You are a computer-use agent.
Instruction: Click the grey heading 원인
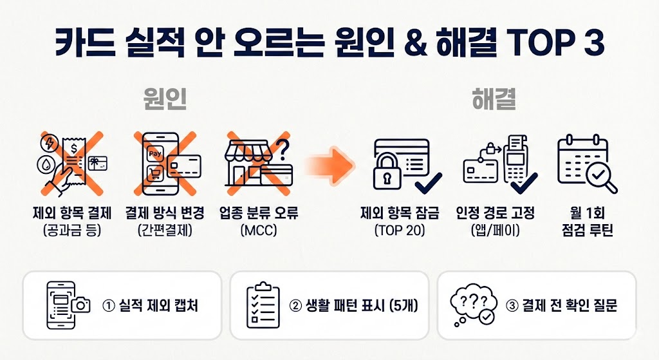tap(165, 100)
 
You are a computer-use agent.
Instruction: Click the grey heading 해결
tap(494, 100)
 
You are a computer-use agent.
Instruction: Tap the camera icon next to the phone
tap(82, 305)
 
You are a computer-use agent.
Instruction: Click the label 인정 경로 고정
tap(495, 213)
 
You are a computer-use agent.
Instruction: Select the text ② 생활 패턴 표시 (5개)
tap(354, 305)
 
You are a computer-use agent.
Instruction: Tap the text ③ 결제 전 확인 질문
tap(562, 305)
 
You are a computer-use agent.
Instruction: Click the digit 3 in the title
tap(595, 43)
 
